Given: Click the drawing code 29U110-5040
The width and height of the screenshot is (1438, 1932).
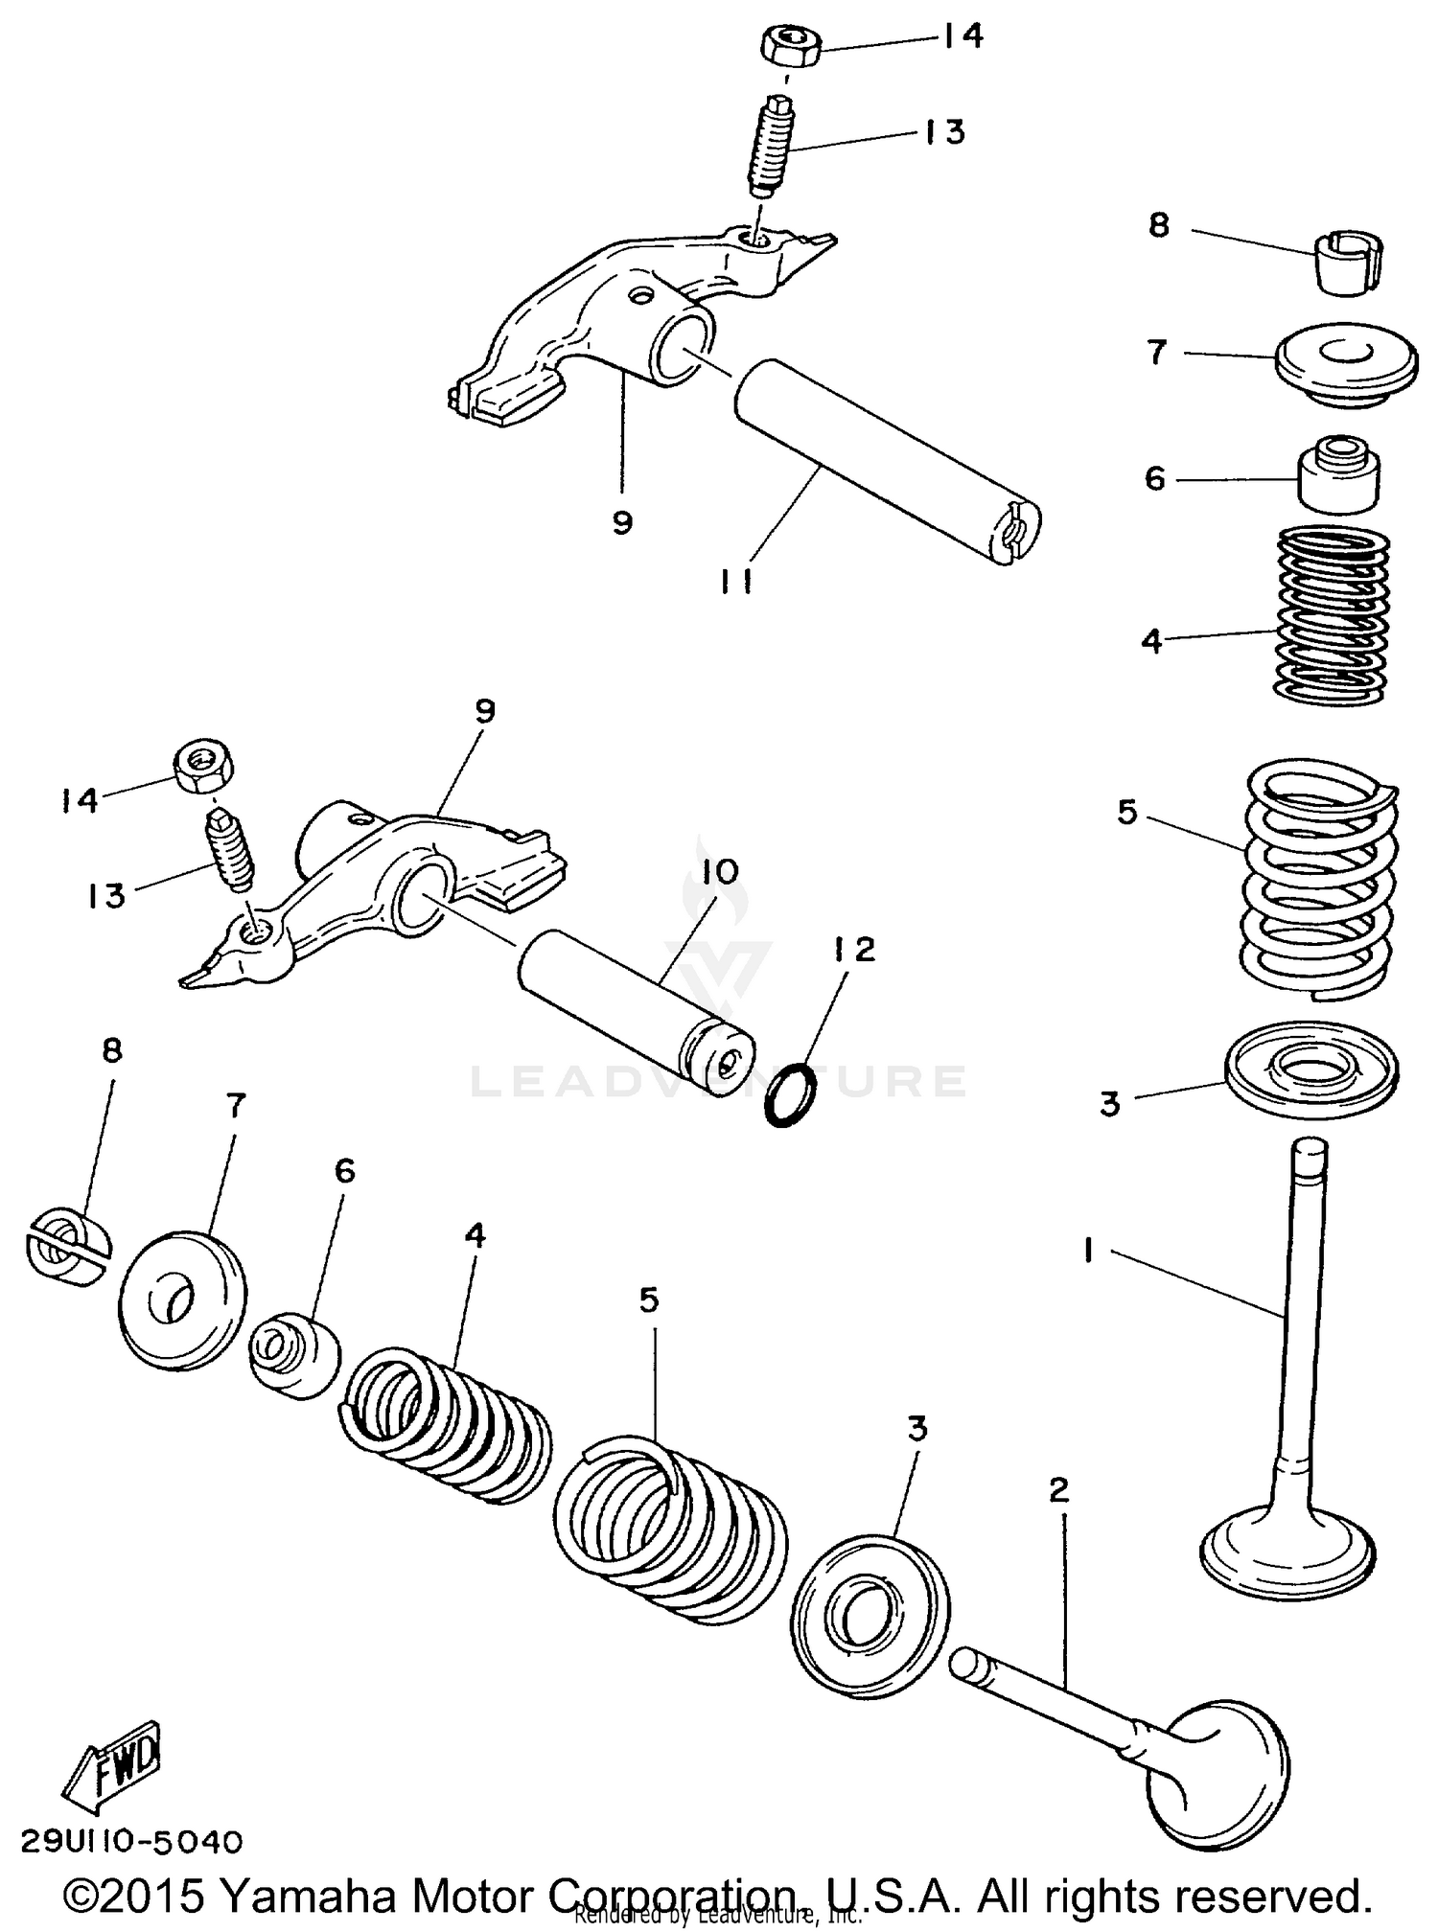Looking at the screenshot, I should click(x=131, y=1841).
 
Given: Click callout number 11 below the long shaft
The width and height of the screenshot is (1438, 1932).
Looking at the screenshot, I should click(x=735, y=581).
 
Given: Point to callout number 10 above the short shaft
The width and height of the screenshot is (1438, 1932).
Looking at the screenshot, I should click(x=719, y=872).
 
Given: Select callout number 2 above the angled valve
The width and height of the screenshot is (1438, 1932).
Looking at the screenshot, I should click(x=1058, y=1490).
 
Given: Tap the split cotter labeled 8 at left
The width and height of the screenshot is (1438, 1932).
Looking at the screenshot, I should click(x=67, y=1248).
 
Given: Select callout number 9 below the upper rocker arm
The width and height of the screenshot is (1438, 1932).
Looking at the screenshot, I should click(x=622, y=522).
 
